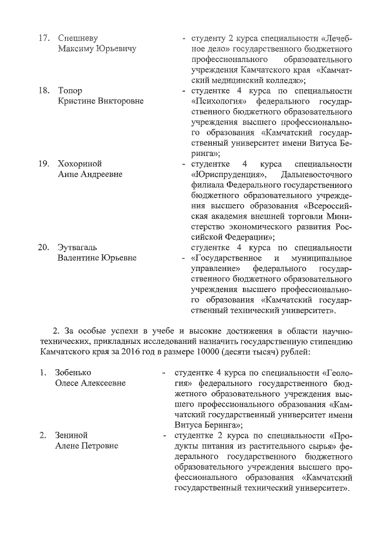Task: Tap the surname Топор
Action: tap(70, 90)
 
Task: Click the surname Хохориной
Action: tap(80, 164)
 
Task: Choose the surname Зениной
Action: tap(72, 435)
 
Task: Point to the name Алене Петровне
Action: tap(86, 445)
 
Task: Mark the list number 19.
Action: tap(43, 164)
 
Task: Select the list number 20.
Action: tap(43, 248)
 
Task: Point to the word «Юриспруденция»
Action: tap(221, 174)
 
